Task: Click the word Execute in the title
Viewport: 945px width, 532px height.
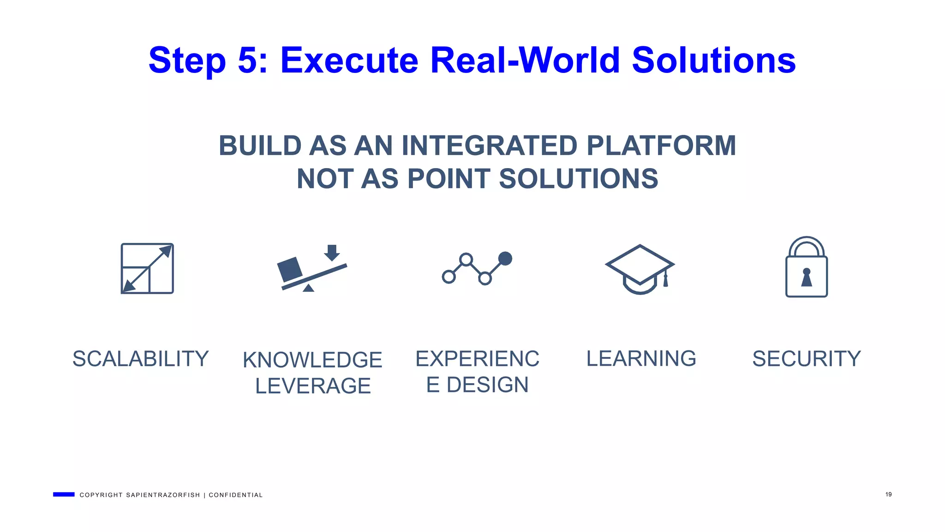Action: (349, 60)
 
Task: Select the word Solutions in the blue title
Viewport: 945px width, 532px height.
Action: (713, 60)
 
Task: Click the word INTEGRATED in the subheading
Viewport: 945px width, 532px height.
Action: (489, 146)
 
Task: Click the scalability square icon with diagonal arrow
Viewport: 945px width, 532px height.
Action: (147, 268)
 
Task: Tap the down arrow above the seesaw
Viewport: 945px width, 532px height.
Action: (332, 253)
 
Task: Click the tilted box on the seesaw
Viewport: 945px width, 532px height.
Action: (290, 269)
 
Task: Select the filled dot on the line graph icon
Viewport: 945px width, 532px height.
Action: (505, 259)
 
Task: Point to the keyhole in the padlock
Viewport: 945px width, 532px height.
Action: (806, 278)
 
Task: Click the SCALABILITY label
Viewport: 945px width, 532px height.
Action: (141, 359)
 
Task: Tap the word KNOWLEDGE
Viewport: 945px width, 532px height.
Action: (312, 360)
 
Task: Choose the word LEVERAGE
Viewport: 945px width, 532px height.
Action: (313, 386)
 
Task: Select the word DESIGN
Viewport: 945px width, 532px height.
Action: (487, 385)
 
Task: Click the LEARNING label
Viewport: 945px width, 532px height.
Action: (641, 358)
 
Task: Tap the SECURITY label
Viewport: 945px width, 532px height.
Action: (806, 359)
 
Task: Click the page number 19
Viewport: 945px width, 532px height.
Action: (888, 495)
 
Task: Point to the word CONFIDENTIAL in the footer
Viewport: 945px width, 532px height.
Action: (235, 495)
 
